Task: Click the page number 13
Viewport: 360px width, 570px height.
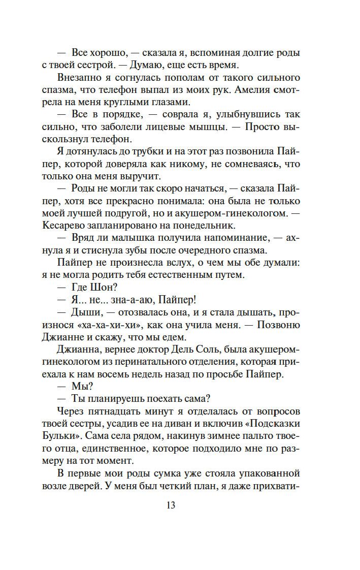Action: [x=170, y=505]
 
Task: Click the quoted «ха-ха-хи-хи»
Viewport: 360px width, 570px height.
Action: [x=110, y=325]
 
